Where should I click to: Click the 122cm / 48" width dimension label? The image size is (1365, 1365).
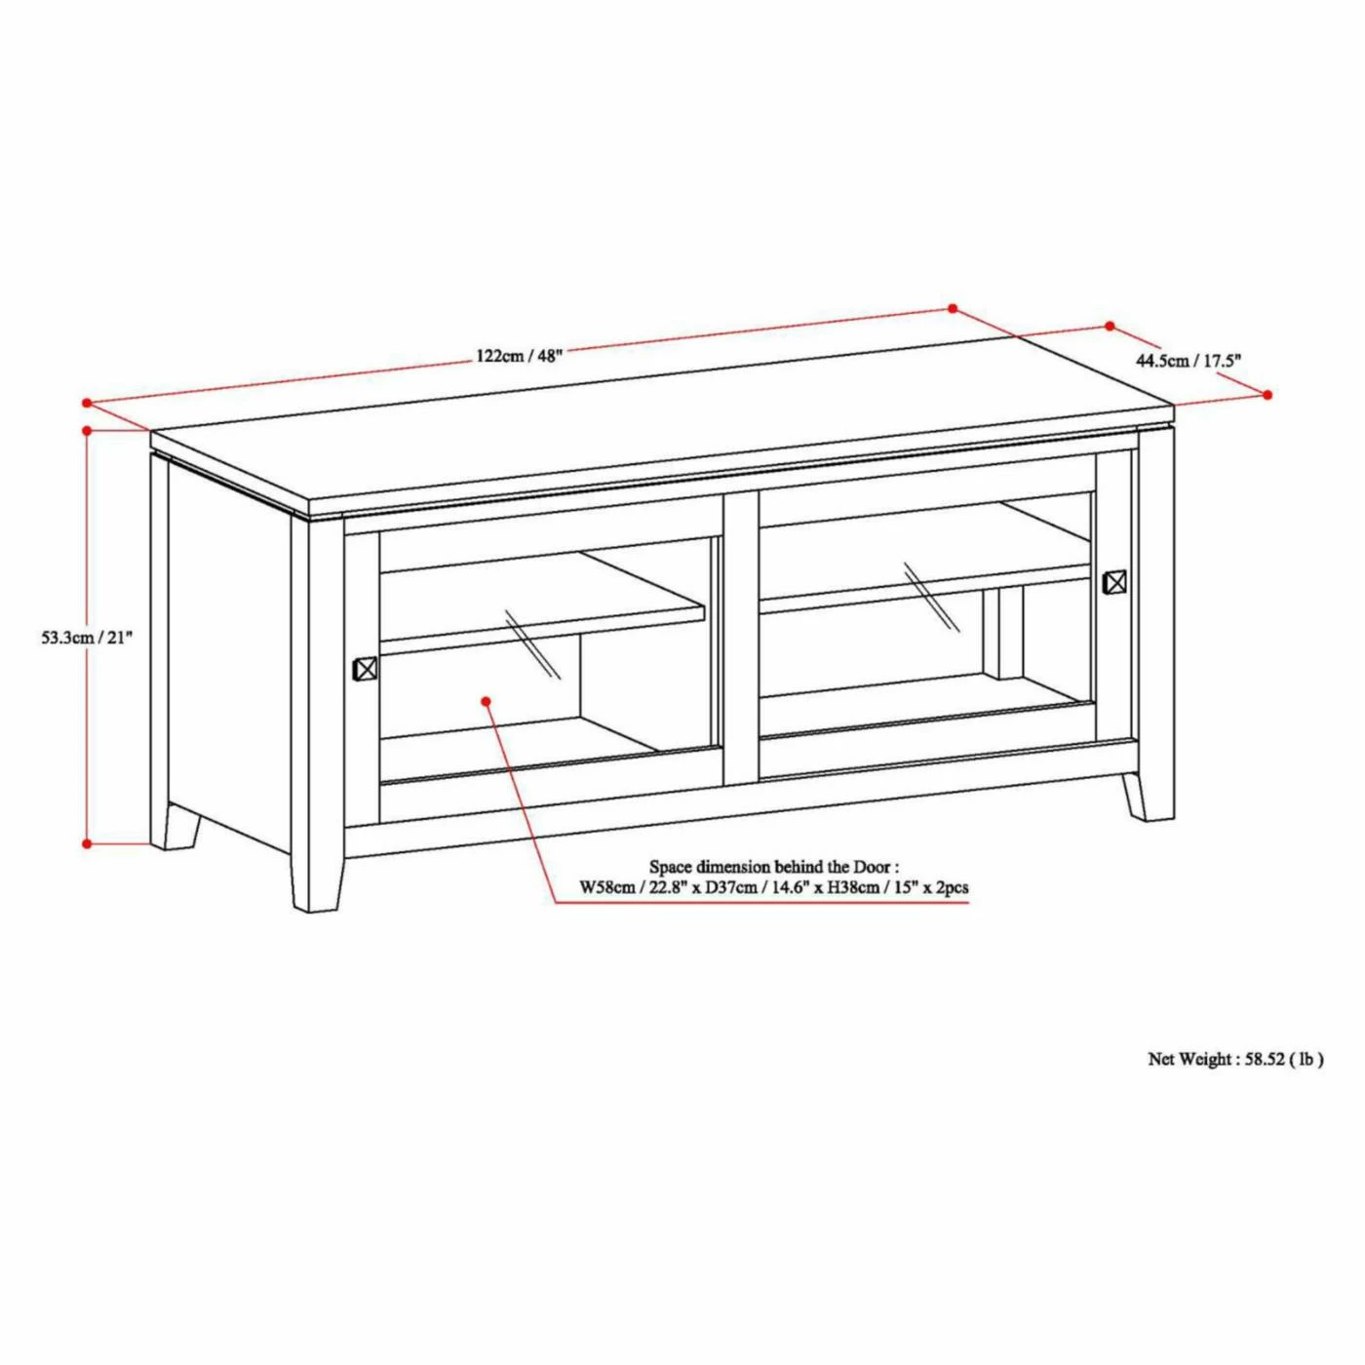point(519,355)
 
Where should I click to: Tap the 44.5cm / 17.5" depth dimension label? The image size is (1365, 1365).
point(1189,362)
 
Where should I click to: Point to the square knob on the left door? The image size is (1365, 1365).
point(364,669)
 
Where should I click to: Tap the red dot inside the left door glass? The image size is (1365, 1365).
point(486,701)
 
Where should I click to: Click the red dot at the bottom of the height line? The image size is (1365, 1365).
point(87,843)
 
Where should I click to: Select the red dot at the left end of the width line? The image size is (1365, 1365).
point(87,403)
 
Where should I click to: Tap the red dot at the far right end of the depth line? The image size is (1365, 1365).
point(1267,395)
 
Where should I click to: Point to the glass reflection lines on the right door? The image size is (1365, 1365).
point(932,597)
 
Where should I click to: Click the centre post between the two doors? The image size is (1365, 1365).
point(740,634)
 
